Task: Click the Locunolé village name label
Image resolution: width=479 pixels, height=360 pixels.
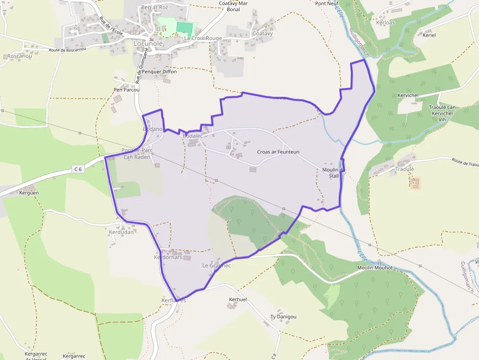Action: pos(149,43)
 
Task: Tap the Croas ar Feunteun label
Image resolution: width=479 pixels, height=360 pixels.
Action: pos(278,152)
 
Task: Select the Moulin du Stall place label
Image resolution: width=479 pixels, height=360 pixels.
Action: pos(334,172)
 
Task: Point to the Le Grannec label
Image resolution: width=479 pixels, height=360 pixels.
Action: pos(217,266)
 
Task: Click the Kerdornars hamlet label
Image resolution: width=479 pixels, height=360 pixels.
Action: pos(168,257)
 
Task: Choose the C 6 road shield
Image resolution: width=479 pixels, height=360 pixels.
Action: pos(77,169)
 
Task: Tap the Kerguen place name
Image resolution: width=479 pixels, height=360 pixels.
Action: pos(29,193)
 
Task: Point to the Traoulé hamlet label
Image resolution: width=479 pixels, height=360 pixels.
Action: pos(405,169)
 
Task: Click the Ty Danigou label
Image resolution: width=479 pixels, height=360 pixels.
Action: pos(283,317)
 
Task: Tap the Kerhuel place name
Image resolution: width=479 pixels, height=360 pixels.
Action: pos(238,299)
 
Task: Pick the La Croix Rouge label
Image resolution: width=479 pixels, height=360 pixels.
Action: pos(203,38)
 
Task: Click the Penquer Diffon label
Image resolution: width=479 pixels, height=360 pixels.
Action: pos(159,71)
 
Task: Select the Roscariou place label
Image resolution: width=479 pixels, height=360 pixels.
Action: pos(20,56)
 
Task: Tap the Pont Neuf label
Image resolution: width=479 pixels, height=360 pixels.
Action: pos(327,3)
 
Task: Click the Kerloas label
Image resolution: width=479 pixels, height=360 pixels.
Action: pos(386,22)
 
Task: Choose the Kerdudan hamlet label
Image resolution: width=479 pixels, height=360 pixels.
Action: pos(121,233)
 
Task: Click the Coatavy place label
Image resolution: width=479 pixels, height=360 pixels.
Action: pos(262,34)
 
